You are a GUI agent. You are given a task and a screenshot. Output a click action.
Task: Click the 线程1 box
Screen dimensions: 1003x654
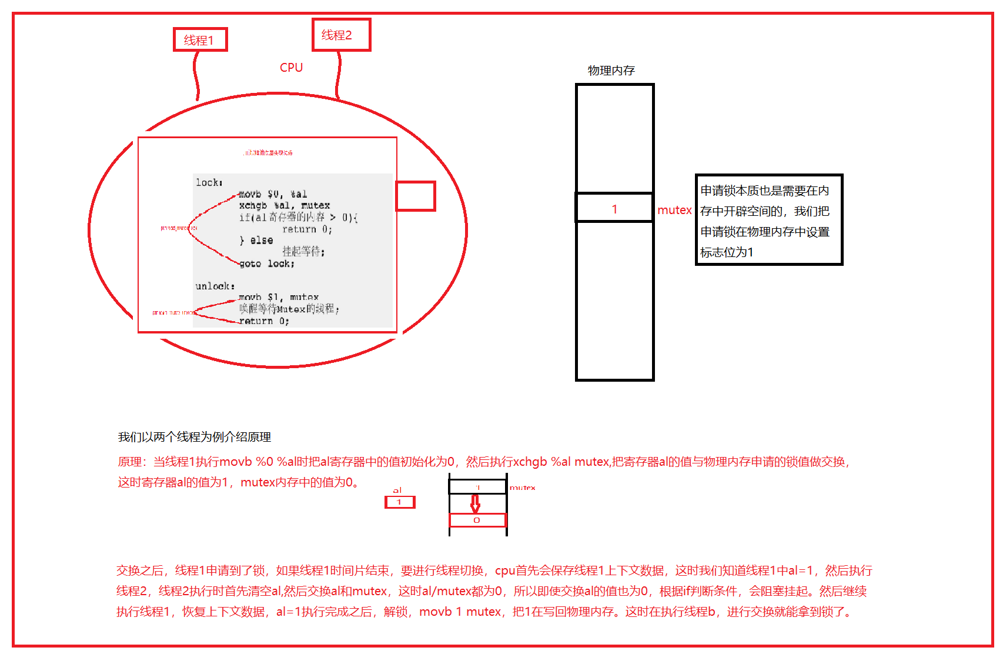point(200,39)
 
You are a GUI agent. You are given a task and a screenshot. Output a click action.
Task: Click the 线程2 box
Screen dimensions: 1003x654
point(341,35)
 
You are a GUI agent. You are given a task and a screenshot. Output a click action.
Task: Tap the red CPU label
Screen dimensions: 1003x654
point(291,68)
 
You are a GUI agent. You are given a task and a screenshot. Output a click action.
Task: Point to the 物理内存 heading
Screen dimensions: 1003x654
point(611,71)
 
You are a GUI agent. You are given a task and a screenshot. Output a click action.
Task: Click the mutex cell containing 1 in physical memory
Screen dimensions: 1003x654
point(614,208)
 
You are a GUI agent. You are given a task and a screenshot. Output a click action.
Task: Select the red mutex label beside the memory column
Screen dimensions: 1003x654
point(674,210)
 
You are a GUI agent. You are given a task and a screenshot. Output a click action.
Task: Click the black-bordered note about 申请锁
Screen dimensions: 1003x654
point(768,220)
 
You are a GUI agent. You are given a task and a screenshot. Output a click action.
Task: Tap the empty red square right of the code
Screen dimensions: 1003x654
point(415,196)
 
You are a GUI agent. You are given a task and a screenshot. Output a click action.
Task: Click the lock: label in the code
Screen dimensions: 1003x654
point(209,183)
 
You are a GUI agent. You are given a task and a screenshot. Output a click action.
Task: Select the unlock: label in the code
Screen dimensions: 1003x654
point(215,286)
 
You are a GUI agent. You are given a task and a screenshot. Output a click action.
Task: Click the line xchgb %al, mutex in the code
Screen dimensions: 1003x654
point(284,206)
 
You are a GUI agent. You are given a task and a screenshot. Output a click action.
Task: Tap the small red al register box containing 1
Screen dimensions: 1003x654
point(400,502)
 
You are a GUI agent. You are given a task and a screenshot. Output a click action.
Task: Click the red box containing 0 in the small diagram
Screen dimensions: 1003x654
point(477,520)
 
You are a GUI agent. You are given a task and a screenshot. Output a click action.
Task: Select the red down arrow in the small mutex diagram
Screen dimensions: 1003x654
point(475,503)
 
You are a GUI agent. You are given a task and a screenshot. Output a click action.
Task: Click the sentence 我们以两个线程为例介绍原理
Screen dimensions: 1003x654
point(194,437)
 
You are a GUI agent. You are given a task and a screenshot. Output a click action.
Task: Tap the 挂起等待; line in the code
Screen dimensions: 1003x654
point(303,252)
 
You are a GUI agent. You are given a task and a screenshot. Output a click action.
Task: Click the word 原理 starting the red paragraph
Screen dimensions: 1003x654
point(130,462)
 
